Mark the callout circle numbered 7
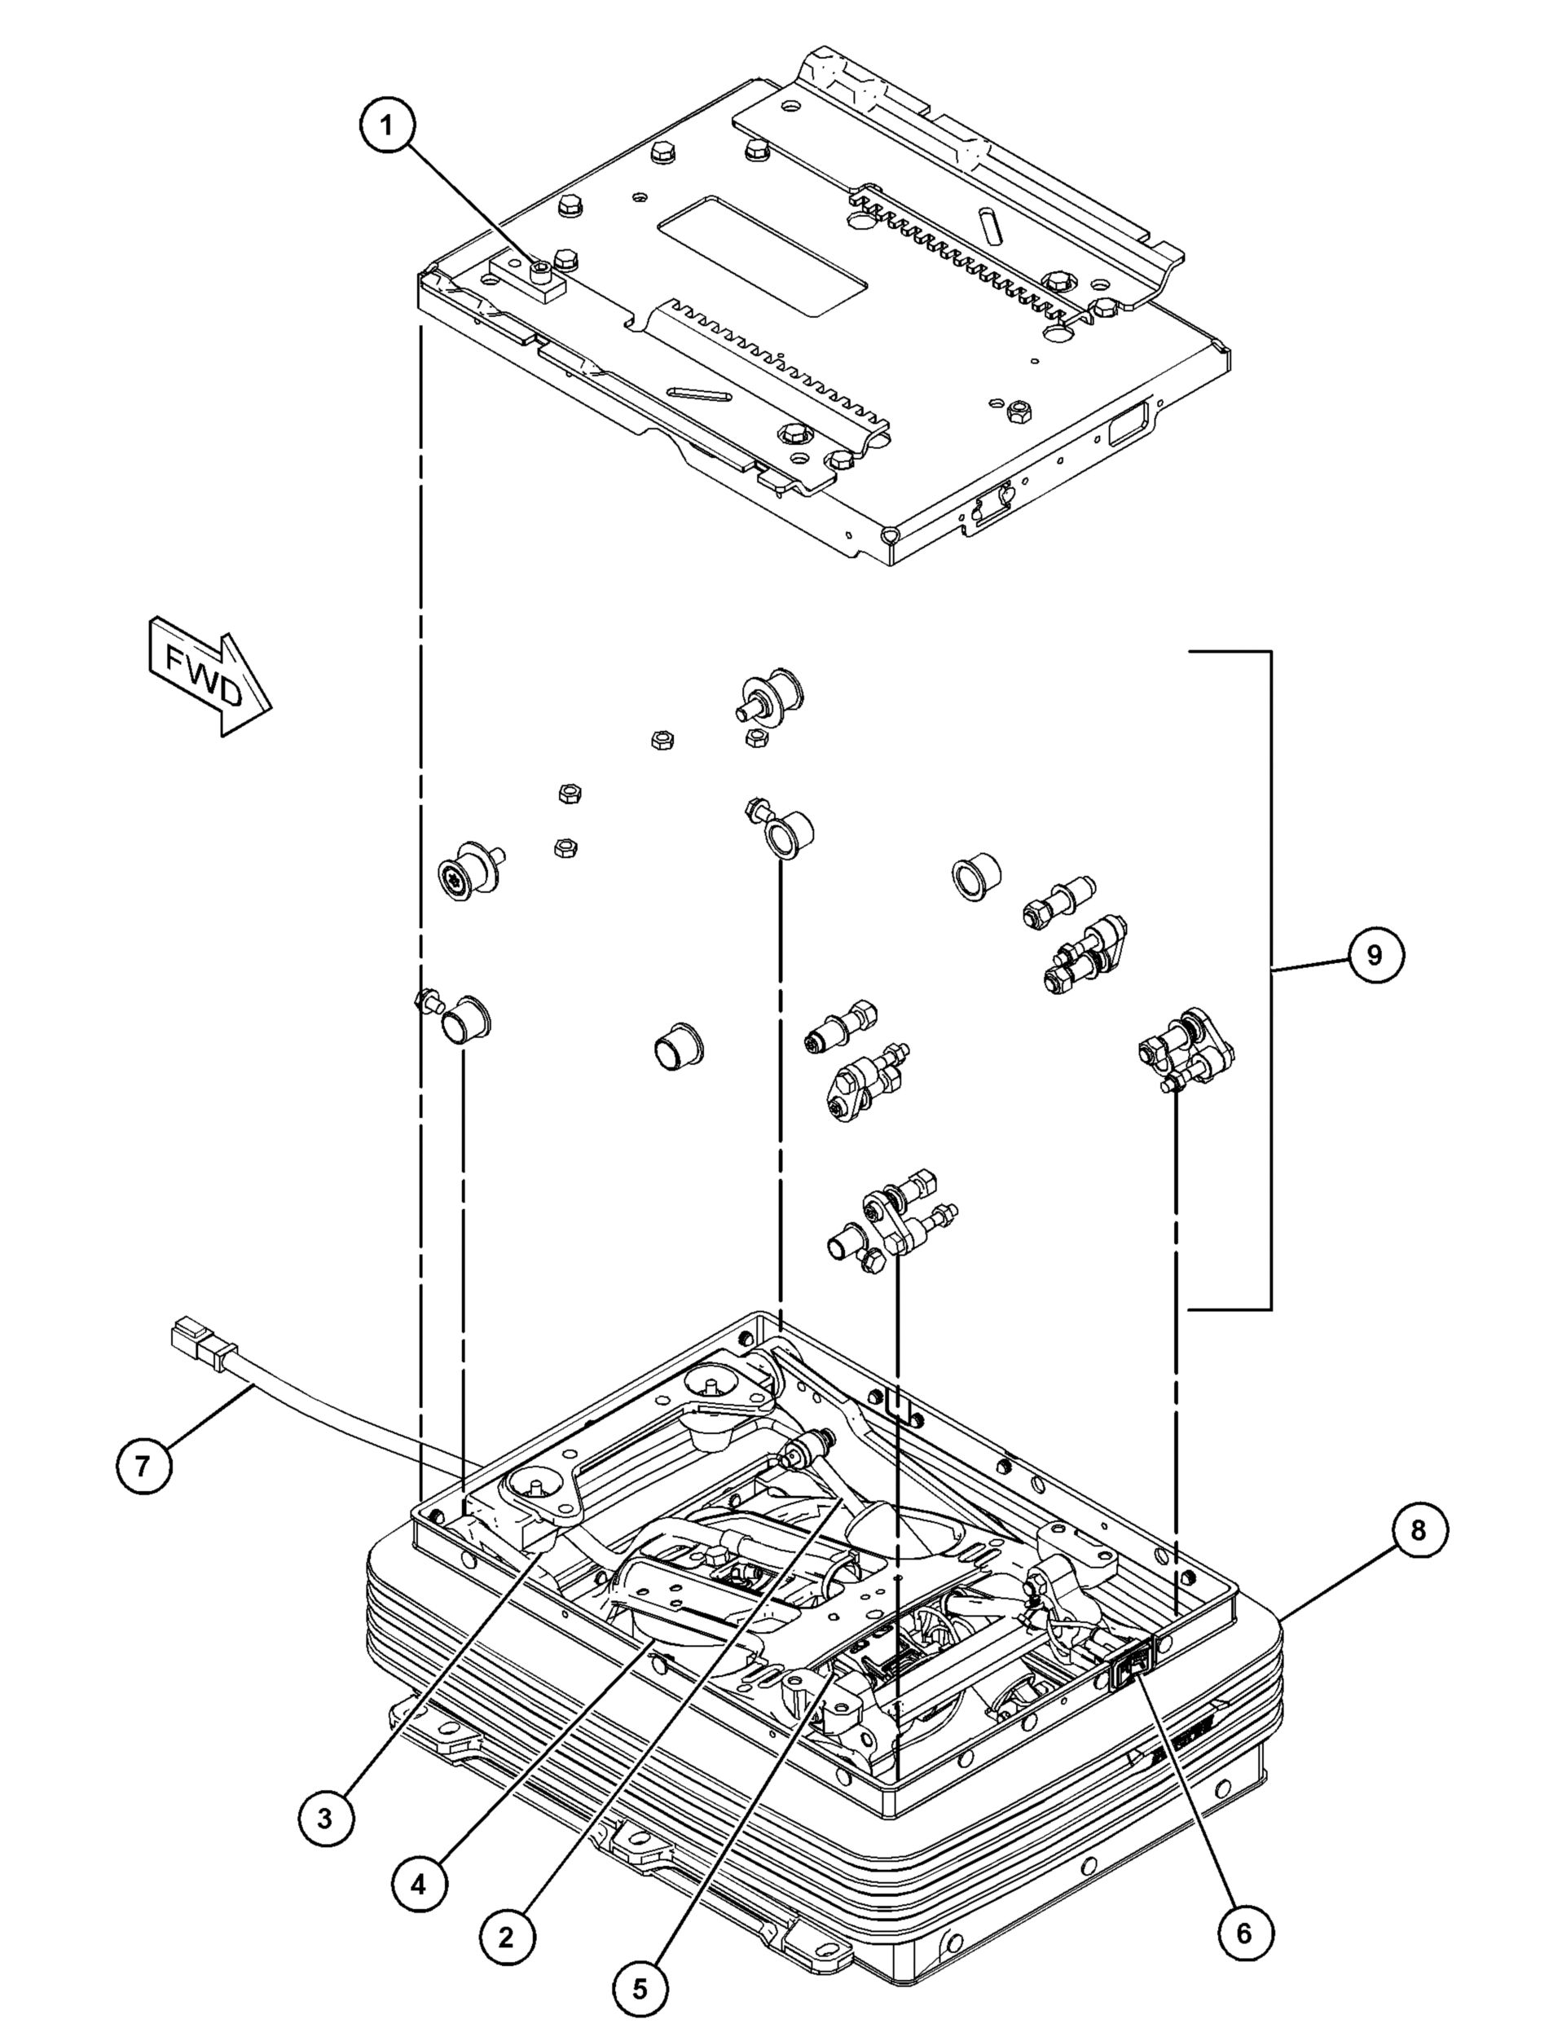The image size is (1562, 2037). click(143, 1465)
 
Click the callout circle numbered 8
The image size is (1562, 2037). click(1419, 1530)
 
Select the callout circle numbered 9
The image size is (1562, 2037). click(1376, 955)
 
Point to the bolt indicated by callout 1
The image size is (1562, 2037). click(540, 271)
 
